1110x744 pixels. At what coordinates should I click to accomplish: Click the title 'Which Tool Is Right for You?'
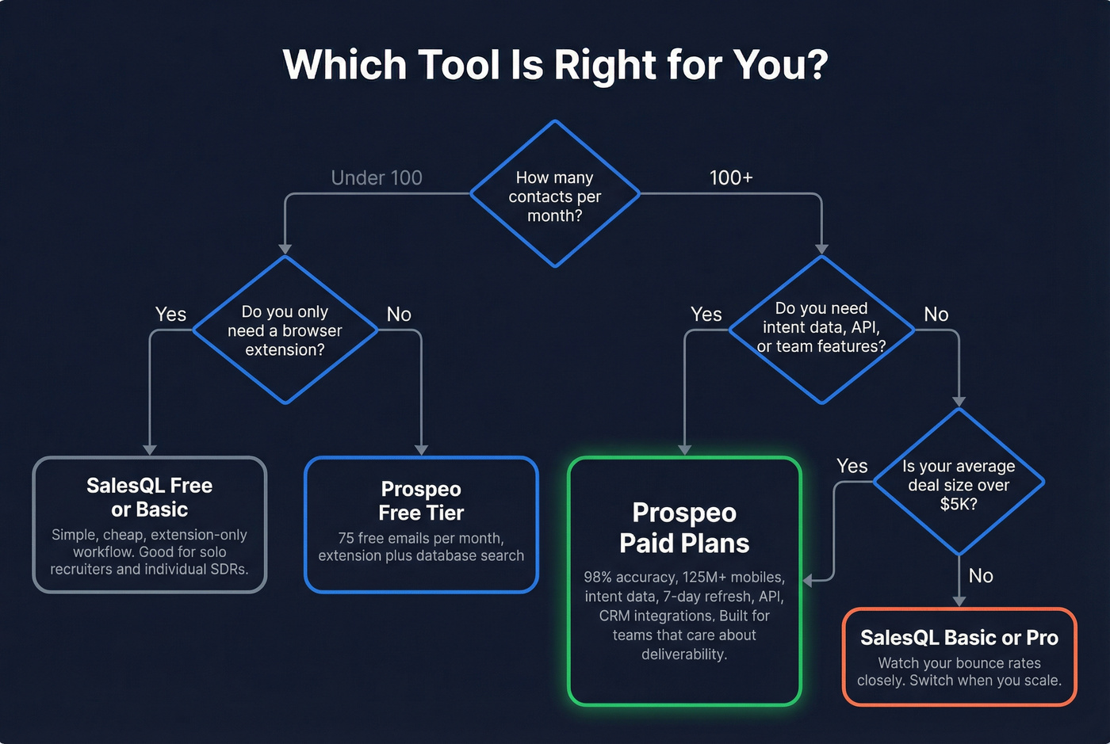(x=555, y=64)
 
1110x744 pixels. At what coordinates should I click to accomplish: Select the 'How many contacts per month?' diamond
(x=555, y=195)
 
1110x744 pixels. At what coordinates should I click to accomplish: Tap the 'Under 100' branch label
(x=377, y=177)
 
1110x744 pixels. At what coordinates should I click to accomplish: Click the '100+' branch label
(x=730, y=177)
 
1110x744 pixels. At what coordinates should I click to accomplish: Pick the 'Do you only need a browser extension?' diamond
(x=285, y=330)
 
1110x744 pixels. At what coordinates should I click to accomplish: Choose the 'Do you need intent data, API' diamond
(x=821, y=328)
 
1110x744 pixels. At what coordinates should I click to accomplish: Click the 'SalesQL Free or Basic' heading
(x=150, y=497)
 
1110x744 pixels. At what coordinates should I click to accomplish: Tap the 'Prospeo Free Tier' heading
(x=421, y=501)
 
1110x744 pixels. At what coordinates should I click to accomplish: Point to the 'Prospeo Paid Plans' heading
(x=684, y=528)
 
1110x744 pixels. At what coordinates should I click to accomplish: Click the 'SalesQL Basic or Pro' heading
(x=959, y=638)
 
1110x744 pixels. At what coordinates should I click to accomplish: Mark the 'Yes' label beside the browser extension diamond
(x=170, y=315)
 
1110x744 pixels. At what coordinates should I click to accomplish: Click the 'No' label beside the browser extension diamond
(x=399, y=315)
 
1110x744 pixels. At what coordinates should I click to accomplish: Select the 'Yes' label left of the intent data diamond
(x=706, y=315)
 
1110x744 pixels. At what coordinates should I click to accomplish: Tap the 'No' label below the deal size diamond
(x=981, y=576)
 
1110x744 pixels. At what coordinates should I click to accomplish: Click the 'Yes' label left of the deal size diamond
(x=852, y=466)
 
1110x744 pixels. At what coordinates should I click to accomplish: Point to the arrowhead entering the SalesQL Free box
(x=150, y=450)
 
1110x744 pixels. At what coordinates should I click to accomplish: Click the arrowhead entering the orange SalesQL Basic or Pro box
(x=959, y=601)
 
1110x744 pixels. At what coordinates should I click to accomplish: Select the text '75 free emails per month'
(x=421, y=538)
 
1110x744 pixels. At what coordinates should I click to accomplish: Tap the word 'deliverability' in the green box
(x=684, y=654)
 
